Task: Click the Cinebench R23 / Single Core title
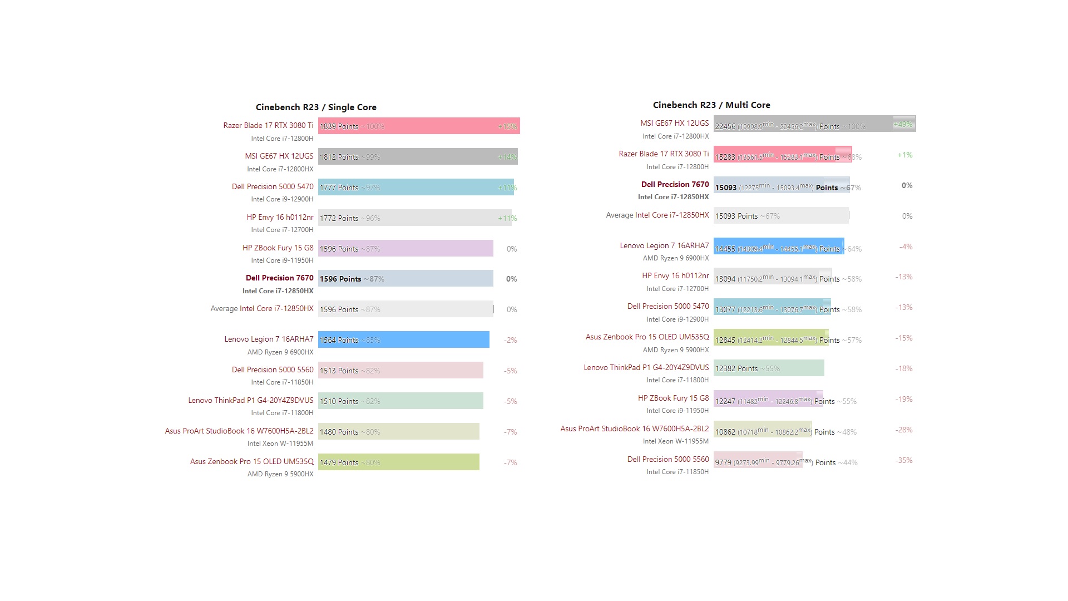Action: pos(316,107)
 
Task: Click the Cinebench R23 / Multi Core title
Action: pos(711,105)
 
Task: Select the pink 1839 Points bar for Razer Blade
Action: pos(419,126)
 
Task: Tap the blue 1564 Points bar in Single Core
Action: pos(403,340)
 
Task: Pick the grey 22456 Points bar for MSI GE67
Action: pos(814,124)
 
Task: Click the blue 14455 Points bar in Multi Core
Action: pos(779,247)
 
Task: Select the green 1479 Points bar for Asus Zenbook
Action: pos(398,462)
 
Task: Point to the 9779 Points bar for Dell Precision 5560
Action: pos(758,460)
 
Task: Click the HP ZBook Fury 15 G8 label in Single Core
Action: pos(278,248)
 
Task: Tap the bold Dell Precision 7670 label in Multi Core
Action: pos(675,185)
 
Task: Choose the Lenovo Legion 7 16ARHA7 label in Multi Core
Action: pos(664,246)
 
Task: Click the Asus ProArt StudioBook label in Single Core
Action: pos(239,431)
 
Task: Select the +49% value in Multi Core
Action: pos(903,124)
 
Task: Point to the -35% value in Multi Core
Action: pos(904,461)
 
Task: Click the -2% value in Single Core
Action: pos(510,341)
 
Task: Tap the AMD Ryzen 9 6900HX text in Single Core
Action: pos(280,352)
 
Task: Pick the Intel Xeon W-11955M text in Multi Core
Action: pos(676,441)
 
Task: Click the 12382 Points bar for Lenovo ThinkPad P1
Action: pos(769,368)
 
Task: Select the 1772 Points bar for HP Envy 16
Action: pos(414,218)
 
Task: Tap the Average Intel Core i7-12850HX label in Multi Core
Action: pos(657,215)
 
